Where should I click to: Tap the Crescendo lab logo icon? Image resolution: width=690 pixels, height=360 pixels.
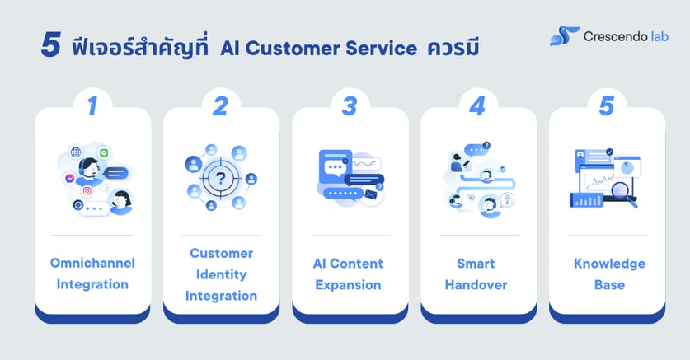coord(564,35)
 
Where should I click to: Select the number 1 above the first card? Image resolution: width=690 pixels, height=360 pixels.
coord(92,106)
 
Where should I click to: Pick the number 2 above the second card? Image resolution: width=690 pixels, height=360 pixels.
coord(220,106)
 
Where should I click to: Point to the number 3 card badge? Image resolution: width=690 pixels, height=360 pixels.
coord(350,106)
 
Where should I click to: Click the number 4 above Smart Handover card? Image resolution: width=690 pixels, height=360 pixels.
coord(477,106)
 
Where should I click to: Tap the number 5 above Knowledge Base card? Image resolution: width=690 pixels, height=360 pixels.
coord(607,106)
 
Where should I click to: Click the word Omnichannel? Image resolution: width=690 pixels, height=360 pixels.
coord(92,264)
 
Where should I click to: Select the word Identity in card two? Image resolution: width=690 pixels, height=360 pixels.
coord(221,274)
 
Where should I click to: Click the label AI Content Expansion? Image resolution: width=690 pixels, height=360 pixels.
coord(350,274)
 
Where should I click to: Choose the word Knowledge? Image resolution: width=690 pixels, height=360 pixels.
coord(607,264)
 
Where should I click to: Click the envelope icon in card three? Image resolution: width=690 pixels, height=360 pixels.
coord(370,195)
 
